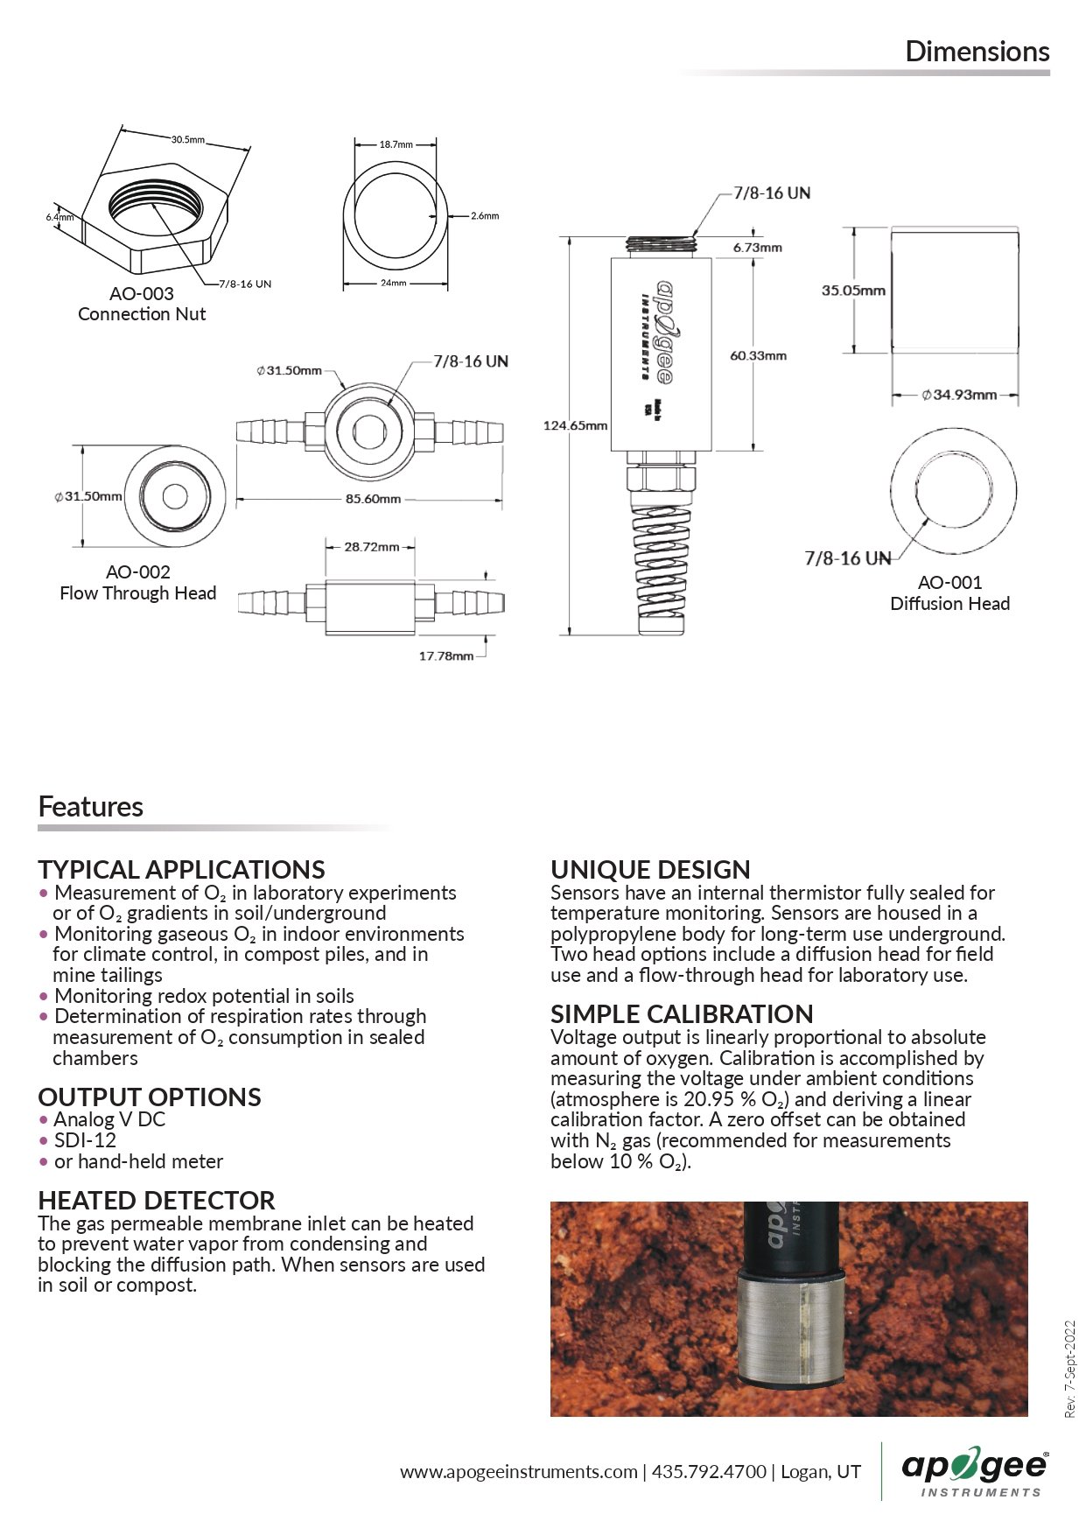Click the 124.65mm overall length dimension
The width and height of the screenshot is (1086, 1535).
[x=575, y=425]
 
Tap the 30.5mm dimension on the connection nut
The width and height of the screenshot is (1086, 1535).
[x=187, y=139]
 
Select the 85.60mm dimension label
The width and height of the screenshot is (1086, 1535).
[x=373, y=499]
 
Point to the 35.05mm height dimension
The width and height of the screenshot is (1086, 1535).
[x=853, y=291]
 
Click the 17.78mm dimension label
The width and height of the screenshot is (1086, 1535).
[x=445, y=655]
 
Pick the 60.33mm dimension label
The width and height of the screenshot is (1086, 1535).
[x=758, y=355]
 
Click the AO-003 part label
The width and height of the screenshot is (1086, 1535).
[x=142, y=294]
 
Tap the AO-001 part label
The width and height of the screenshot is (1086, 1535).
[x=949, y=582]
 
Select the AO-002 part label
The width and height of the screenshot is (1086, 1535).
[x=138, y=572]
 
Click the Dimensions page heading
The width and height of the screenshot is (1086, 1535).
[x=977, y=52]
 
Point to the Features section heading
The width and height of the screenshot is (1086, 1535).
[x=91, y=806]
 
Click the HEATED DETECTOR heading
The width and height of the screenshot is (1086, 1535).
[x=157, y=1200]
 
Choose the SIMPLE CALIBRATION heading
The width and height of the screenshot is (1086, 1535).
[x=682, y=1013]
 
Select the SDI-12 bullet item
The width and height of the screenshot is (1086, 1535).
[x=85, y=1140]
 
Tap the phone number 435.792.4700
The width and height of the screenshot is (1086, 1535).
[x=709, y=1471]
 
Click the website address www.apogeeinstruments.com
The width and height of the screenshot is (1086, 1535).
[x=519, y=1471]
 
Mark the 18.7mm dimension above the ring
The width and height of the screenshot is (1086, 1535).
[x=396, y=144]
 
